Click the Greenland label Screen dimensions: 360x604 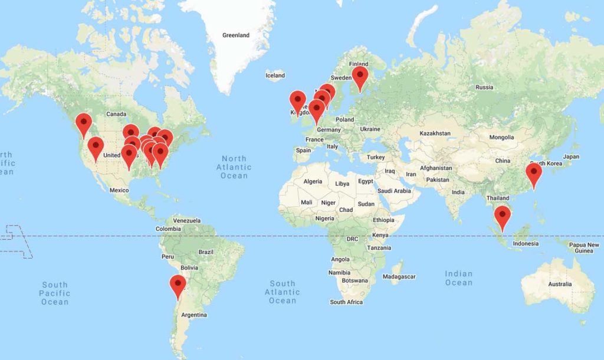click(x=236, y=35)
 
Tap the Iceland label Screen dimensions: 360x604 click(x=275, y=76)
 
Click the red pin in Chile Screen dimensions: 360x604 click(x=178, y=286)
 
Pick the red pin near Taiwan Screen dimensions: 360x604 click(x=533, y=174)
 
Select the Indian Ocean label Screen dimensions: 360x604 click(x=459, y=278)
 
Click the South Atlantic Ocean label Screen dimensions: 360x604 click(x=282, y=292)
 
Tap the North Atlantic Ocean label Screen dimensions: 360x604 click(x=234, y=167)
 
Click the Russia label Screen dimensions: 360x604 click(x=484, y=87)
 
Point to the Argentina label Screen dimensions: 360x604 click(x=194, y=315)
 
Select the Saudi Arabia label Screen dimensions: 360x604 click(x=394, y=191)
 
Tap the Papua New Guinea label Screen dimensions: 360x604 click(x=584, y=248)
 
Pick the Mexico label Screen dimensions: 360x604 click(x=119, y=190)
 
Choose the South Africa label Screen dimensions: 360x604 click(x=346, y=302)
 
